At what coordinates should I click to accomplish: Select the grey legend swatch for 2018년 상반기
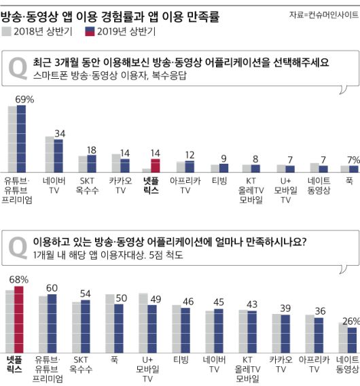(8, 31)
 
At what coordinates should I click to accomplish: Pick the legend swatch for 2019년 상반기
(90, 31)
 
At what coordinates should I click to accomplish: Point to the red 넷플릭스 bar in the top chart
(155, 165)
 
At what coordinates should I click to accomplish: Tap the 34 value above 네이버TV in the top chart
(60, 133)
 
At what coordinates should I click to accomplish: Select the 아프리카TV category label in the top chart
(185, 186)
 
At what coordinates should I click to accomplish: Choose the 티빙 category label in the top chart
(219, 181)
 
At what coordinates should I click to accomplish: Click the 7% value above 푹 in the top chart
(350, 160)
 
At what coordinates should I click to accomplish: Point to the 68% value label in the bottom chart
(18, 279)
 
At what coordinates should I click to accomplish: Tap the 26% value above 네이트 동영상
(349, 321)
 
